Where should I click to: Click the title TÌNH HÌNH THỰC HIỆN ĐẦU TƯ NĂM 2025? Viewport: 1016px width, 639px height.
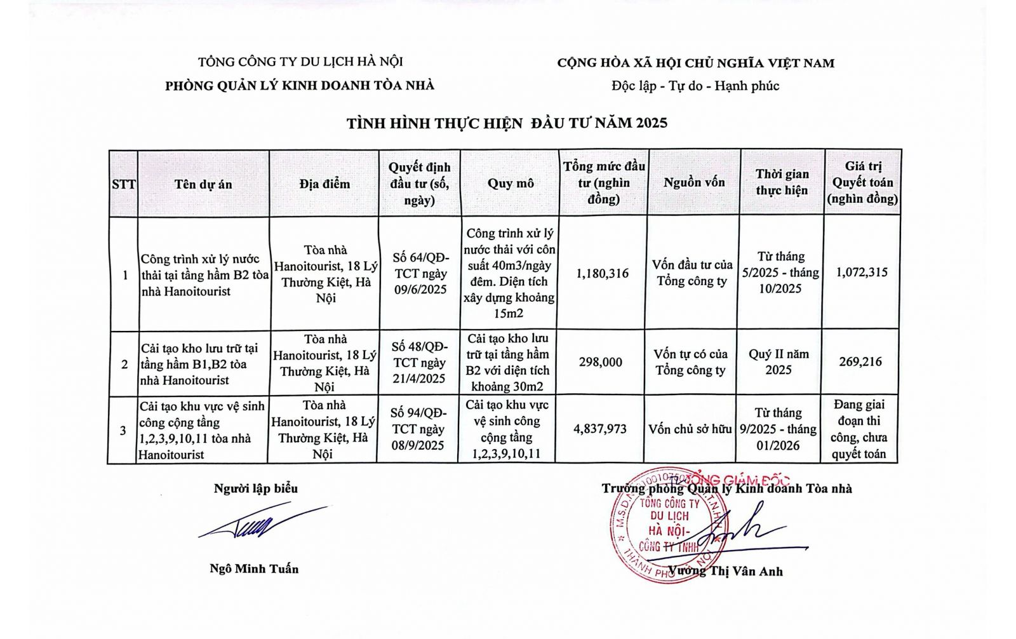[x=507, y=123]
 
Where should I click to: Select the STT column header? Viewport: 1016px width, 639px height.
[x=123, y=184]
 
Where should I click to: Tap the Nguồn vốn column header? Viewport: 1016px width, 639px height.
[x=694, y=182]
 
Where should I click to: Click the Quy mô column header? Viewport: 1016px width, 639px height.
[x=511, y=183]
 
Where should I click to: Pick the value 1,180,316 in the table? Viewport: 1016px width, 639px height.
[x=603, y=273]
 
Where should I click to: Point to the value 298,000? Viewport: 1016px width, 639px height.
[x=601, y=362]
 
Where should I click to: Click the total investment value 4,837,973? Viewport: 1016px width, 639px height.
[x=600, y=429]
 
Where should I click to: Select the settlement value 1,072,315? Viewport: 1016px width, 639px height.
[x=862, y=272]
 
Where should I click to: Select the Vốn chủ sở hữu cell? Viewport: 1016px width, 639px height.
[x=690, y=429]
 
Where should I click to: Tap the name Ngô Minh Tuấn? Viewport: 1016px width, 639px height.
[x=254, y=568]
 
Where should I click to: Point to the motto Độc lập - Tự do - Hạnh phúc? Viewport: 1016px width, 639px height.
[x=695, y=86]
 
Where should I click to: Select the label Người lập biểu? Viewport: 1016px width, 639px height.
[x=255, y=488]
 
